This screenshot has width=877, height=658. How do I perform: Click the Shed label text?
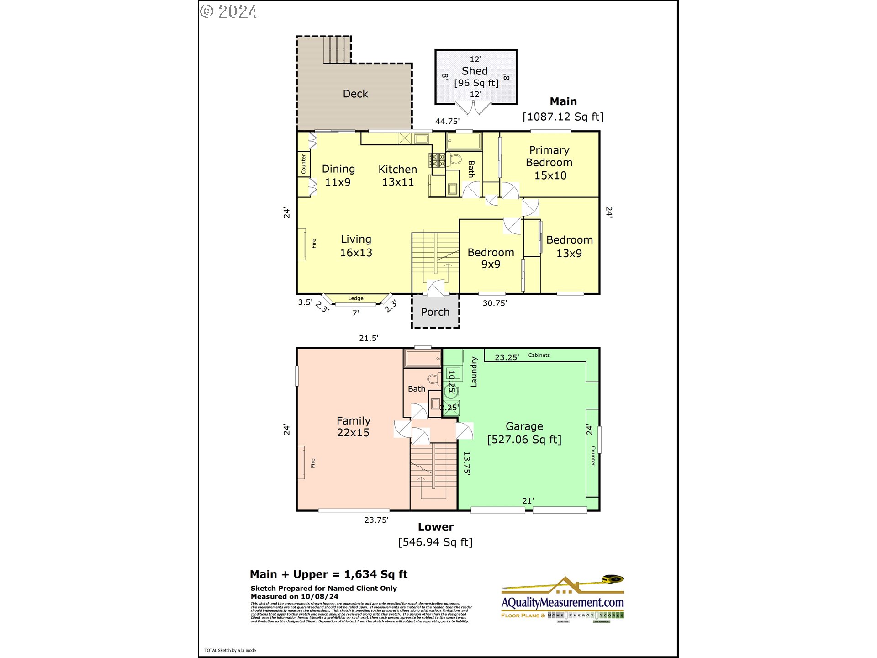[x=475, y=71]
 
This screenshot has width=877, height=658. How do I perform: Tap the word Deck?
[x=355, y=94]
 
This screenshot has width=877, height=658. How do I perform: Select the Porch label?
[x=435, y=312]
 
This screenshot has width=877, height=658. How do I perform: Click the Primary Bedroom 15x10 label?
[x=549, y=163]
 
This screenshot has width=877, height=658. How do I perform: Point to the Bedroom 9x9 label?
[x=491, y=258]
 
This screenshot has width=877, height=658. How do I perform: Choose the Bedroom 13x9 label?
[x=569, y=246]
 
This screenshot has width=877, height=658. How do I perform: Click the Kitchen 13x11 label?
[x=397, y=175]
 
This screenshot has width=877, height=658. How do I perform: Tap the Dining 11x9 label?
[x=338, y=175]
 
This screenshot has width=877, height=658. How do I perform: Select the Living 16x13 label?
[x=356, y=246]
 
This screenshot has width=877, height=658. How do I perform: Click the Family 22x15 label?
[x=353, y=426]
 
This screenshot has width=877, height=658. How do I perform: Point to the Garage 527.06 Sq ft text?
[x=524, y=433]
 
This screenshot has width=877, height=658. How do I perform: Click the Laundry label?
[x=474, y=372]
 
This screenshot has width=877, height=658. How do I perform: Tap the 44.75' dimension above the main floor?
[x=447, y=122]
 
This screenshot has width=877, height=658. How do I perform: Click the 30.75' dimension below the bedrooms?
[x=495, y=303]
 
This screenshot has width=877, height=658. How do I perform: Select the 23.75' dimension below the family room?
[x=376, y=520]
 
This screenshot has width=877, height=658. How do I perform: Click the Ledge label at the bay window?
[x=356, y=298]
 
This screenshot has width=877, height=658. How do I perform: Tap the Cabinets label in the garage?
[x=539, y=355]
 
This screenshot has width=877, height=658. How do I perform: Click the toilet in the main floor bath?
[x=455, y=159]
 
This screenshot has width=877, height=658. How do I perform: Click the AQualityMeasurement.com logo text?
[x=562, y=603]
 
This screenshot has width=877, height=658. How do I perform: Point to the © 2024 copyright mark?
[x=228, y=11]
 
